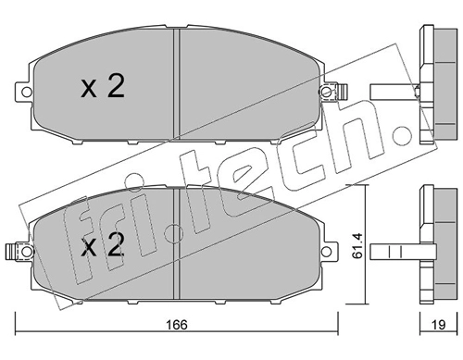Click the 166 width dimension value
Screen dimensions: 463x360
tap(177, 325)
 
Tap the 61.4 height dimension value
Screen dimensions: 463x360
tap(358, 245)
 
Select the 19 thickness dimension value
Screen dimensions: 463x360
tap(438, 325)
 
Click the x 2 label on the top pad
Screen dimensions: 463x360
tap(103, 87)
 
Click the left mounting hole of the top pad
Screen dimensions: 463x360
tap(27, 92)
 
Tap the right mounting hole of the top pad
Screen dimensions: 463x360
tap(327, 92)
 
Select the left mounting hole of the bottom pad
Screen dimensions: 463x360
tap(27, 252)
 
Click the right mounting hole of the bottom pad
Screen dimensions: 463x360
tap(327, 252)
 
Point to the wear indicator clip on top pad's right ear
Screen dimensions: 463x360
tap(342, 92)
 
